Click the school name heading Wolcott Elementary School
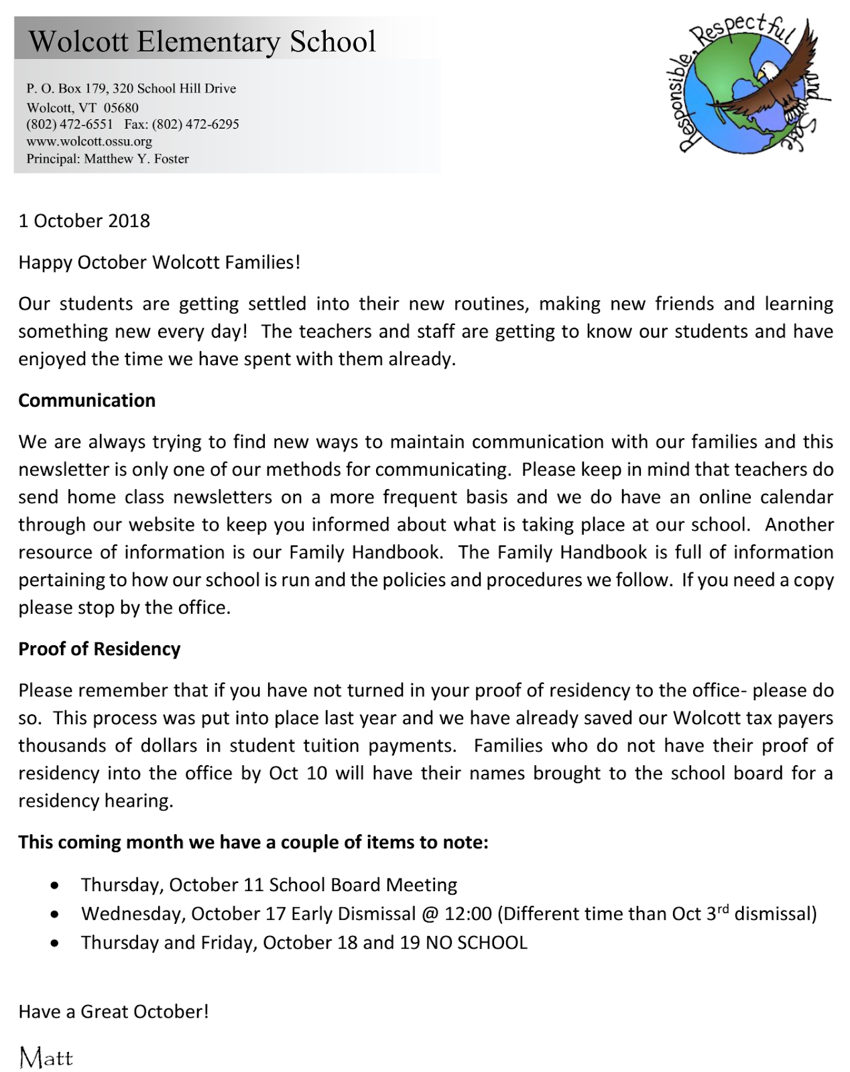tap(202, 42)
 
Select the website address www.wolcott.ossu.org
tap(89, 141)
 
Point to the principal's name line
tap(107, 159)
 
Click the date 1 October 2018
tap(84, 221)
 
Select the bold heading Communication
tap(86, 401)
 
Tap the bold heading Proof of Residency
tap(99, 649)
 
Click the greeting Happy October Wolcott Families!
tap(160, 262)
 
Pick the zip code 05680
tap(121, 107)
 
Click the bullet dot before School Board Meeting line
tap(54, 886)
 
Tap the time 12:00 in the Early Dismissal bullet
tap(468, 914)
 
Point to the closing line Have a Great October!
tap(113, 1012)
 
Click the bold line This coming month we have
tap(253, 842)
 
